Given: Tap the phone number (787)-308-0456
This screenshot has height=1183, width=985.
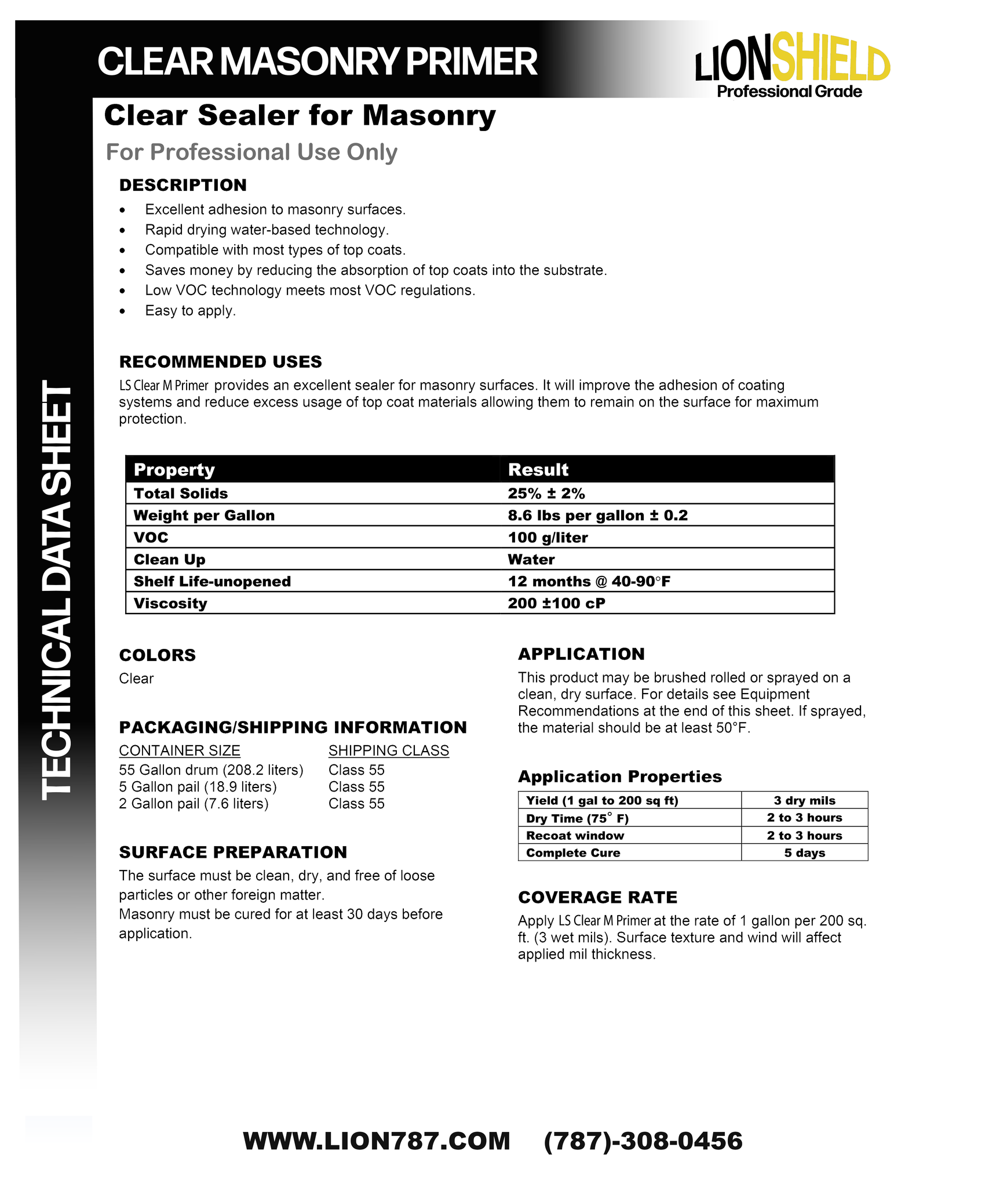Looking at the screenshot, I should click(643, 1141).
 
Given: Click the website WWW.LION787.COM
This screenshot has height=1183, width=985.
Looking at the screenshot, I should click(377, 1141).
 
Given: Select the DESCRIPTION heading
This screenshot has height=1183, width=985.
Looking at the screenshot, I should click(183, 185).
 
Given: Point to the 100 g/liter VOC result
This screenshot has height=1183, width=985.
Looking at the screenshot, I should click(548, 538).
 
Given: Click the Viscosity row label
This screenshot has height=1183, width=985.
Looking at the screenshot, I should click(170, 603).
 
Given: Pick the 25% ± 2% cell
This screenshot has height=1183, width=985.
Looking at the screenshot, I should click(546, 493).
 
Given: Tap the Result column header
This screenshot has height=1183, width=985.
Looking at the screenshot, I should click(538, 470).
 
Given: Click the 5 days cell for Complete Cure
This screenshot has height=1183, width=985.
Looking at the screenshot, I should click(804, 852).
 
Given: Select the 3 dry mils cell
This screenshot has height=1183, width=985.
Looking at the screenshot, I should click(804, 800).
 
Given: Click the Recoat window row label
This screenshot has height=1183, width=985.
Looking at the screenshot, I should click(575, 835).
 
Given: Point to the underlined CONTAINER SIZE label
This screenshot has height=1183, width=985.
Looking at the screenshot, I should click(180, 750).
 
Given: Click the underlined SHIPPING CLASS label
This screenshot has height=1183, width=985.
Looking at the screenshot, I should click(388, 750).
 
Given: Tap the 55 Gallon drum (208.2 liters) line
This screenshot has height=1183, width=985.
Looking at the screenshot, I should click(211, 770).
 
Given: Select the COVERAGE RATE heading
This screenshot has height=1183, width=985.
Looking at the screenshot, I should click(597, 897).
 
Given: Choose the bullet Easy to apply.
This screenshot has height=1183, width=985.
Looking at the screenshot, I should click(190, 310).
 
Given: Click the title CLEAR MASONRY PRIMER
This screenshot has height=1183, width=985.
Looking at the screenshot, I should click(318, 61).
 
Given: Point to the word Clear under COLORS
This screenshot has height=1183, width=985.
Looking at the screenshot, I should click(136, 678).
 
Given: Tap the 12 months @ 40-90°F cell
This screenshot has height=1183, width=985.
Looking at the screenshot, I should click(589, 581).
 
